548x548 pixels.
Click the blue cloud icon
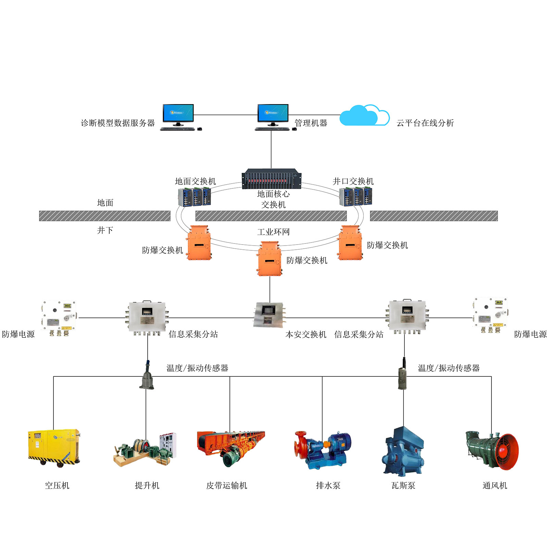364,115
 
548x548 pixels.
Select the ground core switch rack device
271,178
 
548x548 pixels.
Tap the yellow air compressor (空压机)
54,447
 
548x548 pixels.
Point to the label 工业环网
273,232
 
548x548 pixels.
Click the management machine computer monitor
273,113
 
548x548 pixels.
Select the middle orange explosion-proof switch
270,259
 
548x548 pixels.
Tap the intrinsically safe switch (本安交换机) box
269,314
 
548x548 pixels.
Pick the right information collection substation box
407,316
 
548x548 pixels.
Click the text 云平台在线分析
425,123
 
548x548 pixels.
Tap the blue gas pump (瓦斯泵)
403,450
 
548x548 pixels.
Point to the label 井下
105,230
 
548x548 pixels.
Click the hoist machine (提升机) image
145,449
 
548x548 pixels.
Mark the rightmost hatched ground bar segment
433,216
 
